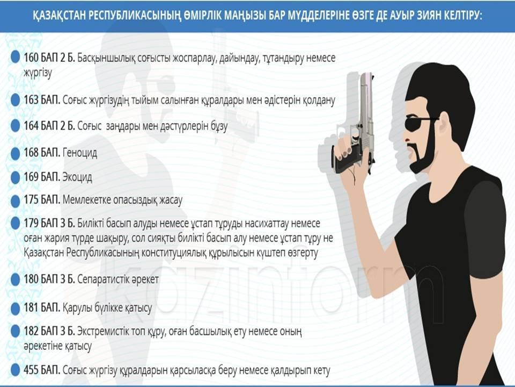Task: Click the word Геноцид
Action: (x=80, y=153)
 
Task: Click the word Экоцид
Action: (x=77, y=177)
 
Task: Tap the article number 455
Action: (x=31, y=370)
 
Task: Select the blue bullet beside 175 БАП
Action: (x=15, y=200)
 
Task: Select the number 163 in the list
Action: (x=31, y=100)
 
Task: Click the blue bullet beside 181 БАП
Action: (x=15, y=309)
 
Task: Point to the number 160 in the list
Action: (x=31, y=58)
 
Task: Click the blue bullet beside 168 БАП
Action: (x=15, y=154)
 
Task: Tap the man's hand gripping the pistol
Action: (x=352, y=161)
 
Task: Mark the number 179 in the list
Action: (x=31, y=224)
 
